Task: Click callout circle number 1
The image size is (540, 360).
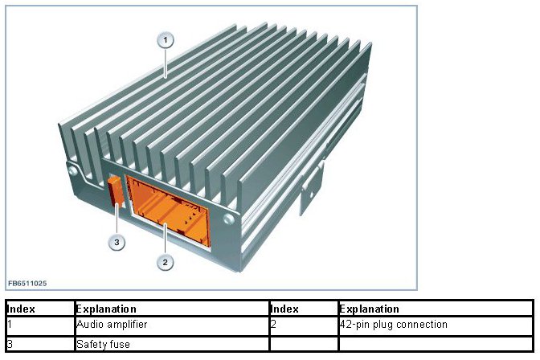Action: coord(165,39)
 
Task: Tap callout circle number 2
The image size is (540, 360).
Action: coord(165,262)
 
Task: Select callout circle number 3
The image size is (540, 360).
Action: coord(117,242)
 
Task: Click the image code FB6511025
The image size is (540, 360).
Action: coord(27,284)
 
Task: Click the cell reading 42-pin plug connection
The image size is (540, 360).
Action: coord(394,325)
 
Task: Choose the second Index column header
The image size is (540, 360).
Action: coord(284,309)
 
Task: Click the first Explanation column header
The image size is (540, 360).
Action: coord(106,309)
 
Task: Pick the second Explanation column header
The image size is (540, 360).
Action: coord(370,309)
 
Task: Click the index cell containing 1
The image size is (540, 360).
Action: coord(10,325)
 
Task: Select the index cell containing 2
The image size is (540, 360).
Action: coord(274,325)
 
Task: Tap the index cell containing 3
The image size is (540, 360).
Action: coord(10,344)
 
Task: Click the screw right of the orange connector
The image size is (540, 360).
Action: coord(230,219)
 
